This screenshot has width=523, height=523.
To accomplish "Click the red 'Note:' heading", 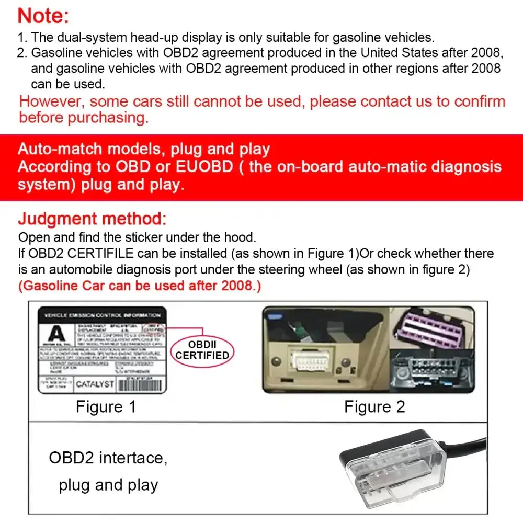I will (x=43, y=16).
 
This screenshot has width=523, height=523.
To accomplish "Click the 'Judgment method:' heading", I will (x=93, y=219).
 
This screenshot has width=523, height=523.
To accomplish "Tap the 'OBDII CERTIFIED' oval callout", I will (x=202, y=349).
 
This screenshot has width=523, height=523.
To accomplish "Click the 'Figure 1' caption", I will (x=106, y=407).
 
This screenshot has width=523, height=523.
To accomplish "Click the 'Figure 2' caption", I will (x=374, y=407).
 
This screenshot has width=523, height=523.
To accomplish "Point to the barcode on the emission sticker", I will (x=140, y=385).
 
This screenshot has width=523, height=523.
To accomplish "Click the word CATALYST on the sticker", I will (x=95, y=384).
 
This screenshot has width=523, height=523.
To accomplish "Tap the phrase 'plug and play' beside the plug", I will (x=108, y=485).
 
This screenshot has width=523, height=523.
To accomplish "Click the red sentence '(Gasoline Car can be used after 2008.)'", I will (x=139, y=286).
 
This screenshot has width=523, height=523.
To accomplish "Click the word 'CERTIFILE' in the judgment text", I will (x=103, y=254).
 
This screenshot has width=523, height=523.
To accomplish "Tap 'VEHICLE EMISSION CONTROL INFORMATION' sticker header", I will (x=102, y=315).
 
